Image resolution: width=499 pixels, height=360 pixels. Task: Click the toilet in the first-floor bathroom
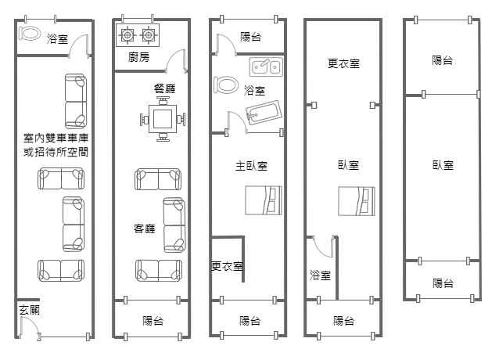(x=30, y=33)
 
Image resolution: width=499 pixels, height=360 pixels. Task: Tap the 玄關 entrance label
(x=29, y=310)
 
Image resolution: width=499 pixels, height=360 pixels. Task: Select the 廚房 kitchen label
(x=138, y=57)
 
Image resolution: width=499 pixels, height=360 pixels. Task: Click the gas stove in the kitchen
(x=138, y=35)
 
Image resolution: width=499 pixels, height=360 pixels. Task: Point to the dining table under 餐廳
(x=163, y=119)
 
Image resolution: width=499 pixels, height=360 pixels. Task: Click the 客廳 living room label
(x=145, y=229)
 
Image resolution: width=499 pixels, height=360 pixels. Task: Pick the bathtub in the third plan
(x=264, y=112)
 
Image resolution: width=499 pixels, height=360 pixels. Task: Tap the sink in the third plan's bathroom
(x=266, y=67)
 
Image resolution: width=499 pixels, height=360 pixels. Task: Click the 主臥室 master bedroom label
(x=251, y=166)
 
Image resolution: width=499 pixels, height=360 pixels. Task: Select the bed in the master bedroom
(x=264, y=200)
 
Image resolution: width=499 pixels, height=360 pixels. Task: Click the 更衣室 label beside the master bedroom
(x=228, y=266)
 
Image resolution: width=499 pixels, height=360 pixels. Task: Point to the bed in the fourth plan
(x=357, y=201)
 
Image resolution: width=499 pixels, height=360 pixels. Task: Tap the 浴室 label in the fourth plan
(x=320, y=275)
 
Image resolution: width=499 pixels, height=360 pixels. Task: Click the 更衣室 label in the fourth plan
(x=343, y=63)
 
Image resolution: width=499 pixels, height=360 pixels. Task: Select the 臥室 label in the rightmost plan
(x=443, y=165)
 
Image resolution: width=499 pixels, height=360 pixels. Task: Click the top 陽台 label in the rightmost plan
(x=443, y=60)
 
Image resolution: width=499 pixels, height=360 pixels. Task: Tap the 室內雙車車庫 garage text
(x=56, y=138)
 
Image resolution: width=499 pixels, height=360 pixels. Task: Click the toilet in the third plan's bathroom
(x=226, y=85)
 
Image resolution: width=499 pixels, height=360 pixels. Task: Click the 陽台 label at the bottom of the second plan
(x=153, y=321)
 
